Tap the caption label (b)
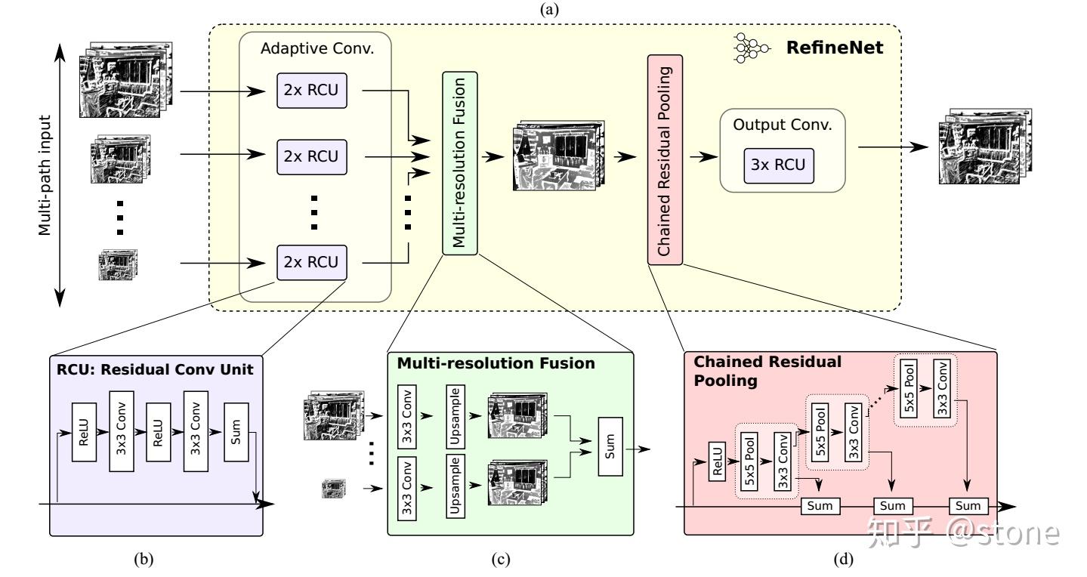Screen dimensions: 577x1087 pos(144,560)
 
